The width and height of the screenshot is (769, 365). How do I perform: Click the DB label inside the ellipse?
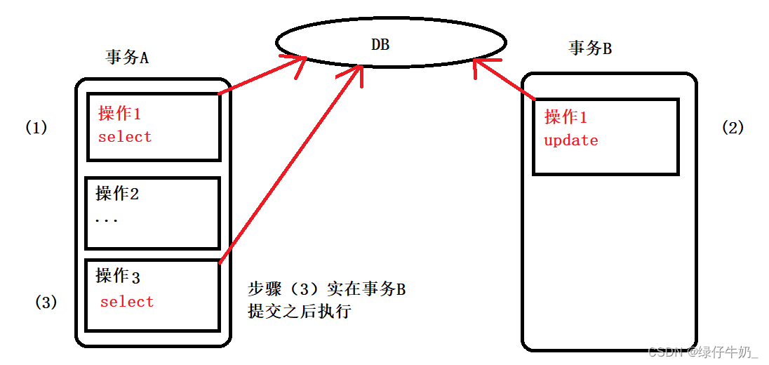(x=380, y=44)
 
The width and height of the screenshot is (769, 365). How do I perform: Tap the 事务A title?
(x=127, y=58)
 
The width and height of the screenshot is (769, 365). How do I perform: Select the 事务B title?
(x=590, y=48)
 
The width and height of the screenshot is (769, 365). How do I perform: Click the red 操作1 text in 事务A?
(x=119, y=113)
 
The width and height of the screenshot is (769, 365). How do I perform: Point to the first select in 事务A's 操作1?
(x=125, y=137)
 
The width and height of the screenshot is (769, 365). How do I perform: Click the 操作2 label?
(x=117, y=193)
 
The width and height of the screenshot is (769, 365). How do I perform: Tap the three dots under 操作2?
(x=106, y=220)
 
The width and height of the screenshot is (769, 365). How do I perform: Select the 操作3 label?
(x=118, y=276)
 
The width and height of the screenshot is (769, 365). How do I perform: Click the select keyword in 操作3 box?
(x=126, y=302)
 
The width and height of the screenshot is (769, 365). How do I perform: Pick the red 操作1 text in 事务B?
(x=566, y=117)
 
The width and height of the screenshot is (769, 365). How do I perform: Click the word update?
(x=570, y=140)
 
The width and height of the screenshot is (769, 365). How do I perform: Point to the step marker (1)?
(x=36, y=128)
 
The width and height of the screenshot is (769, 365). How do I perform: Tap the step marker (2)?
(x=733, y=127)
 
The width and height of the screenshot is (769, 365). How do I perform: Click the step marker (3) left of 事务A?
(x=46, y=303)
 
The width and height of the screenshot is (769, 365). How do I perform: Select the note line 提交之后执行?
(x=299, y=311)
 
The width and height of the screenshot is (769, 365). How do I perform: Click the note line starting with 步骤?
(x=326, y=289)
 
